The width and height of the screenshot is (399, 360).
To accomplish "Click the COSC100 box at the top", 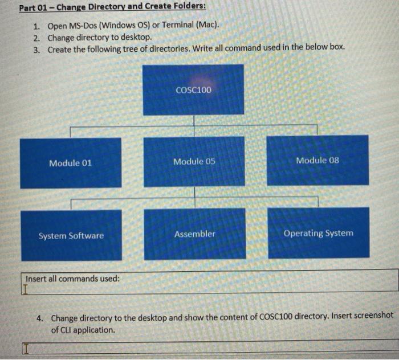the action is [x=193, y=90].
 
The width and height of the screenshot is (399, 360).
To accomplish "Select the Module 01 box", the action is [x=70, y=163].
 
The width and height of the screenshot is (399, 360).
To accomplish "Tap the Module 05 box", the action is [x=194, y=161].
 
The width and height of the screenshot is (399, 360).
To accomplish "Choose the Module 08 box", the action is [x=317, y=160].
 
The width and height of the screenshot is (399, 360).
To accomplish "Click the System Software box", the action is [x=71, y=235].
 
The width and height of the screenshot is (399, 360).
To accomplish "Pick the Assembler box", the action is [x=194, y=234].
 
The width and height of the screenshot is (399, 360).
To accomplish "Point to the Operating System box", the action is [x=318, y=233].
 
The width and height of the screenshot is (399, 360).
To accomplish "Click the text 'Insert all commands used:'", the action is [x=72, y=279].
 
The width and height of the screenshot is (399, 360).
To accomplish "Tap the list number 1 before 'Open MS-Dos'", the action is [x=36, y=27].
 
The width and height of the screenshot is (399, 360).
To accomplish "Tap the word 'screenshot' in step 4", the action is [x=369, y=318].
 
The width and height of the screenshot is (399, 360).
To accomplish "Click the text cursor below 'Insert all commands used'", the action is [x=24, y=289].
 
